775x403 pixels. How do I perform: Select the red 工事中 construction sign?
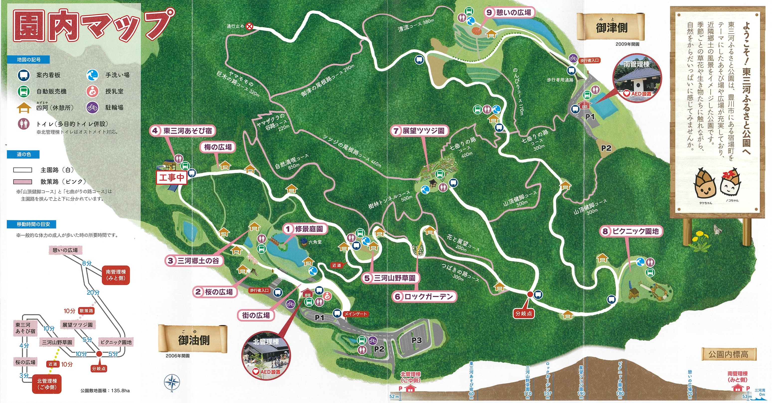tap(172, 177)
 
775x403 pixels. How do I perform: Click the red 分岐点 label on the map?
tap(523, 313)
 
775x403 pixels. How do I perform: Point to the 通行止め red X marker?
tap(249, 26)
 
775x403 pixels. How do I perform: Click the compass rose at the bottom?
tap(172, 383)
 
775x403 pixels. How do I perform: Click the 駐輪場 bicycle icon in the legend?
tap(92, 107)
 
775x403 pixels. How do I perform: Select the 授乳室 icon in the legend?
tap(92, 91)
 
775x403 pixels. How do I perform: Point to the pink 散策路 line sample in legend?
tap(23, 182)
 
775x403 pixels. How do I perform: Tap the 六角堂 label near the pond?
tap(315, 242)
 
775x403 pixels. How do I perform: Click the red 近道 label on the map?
tap(337, 265)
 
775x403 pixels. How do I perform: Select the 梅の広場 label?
tap(218, 147)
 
